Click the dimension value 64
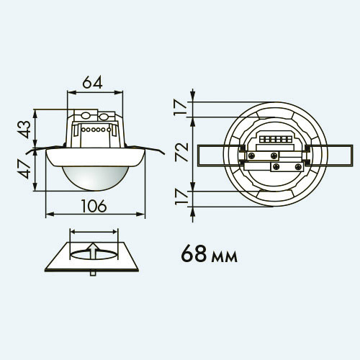pyautogui.click(x=92, y=82)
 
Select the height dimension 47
pyautogui.click(x=24, y=170)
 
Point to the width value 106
pyautogui.click(x=94, y=206)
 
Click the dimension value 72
pyautogui.click(x=181, y=152)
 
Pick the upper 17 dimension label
pyautogui.click(x=181, y=107)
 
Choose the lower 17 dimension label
pyautogui.click(x=181, y=197)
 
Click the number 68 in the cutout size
pyautogui.click(x=194, y=254)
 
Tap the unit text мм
pyautogui.click(x=224, y=256)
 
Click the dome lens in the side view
pyautogui.click(x=95, y=178)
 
